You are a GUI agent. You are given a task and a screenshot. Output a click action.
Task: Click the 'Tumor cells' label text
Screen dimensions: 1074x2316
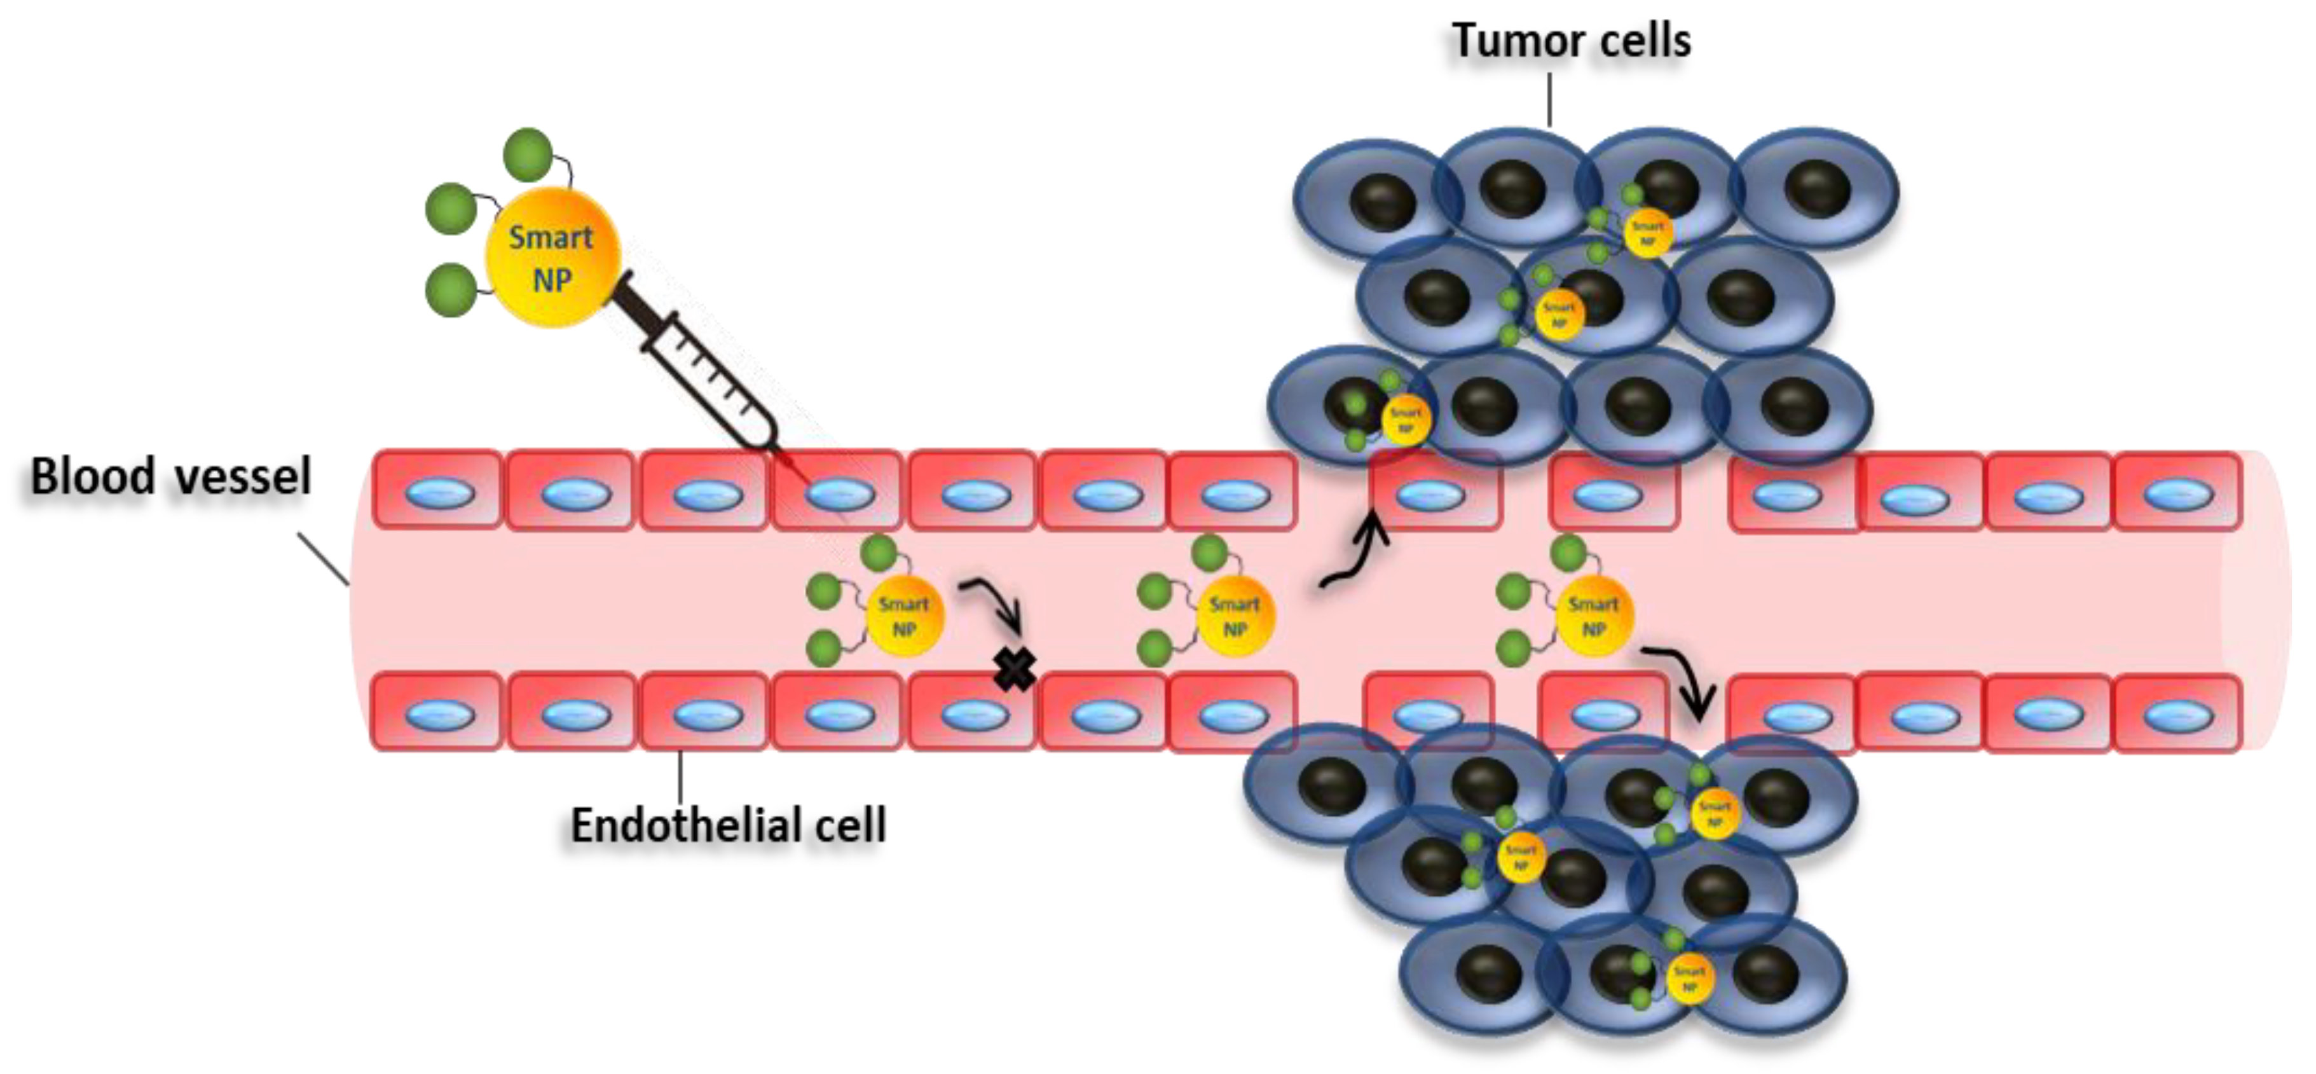[1571, 41]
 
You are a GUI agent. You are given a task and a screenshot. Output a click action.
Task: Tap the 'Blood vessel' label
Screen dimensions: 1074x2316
[171, 477]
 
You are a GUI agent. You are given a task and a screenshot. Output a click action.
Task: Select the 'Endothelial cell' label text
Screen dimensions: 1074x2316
[729, 825]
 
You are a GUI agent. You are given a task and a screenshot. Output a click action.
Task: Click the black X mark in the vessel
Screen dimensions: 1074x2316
[1014, 670]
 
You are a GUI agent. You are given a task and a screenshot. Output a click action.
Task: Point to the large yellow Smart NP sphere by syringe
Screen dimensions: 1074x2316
[552, 258]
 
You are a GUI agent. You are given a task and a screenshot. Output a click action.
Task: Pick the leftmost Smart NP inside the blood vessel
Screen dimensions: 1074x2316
[903, 616]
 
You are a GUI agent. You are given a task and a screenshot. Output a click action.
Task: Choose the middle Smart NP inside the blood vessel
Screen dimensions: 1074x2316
[1235, 616]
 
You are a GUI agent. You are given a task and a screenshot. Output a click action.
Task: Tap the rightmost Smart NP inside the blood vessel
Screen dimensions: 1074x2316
[1593, 616]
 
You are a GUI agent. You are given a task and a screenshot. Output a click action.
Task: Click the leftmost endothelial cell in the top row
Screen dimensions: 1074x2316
[438, 491]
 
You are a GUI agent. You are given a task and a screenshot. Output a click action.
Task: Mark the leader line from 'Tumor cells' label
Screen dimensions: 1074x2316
[1549, 99]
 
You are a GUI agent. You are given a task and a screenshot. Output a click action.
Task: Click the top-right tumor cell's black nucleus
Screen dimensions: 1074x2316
[1817, 189]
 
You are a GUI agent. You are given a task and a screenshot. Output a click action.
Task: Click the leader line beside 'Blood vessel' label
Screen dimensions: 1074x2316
[324, 558]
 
